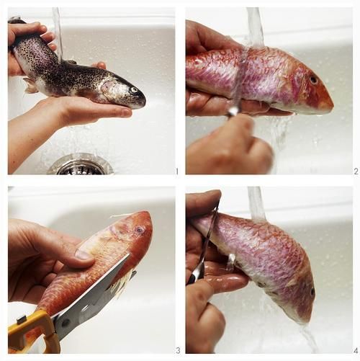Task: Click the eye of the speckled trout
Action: click(133, 90)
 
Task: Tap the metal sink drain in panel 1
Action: click(81, 164)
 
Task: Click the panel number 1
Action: click(177, 171)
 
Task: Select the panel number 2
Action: click(356, 171)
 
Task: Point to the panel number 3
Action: click(178, 350)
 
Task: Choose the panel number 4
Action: click(356, 350)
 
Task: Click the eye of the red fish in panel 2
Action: click(313, 80)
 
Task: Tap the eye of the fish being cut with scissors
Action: click(139, 230)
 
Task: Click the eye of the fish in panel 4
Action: click(312, 292)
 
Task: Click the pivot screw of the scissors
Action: click(66, 323)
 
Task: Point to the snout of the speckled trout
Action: click(143, 99)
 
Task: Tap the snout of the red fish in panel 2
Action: click(330, 103)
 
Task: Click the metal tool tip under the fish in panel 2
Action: click(233, 112)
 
